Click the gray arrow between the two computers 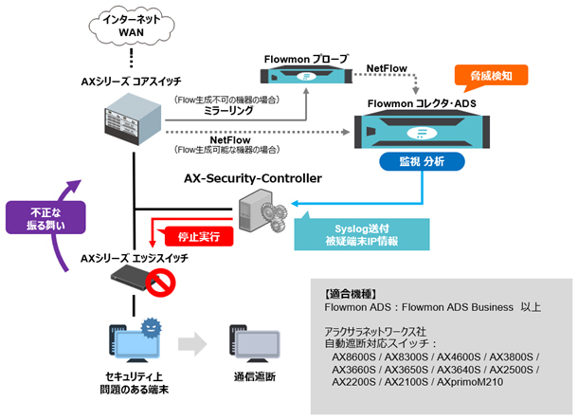[190, 342]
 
